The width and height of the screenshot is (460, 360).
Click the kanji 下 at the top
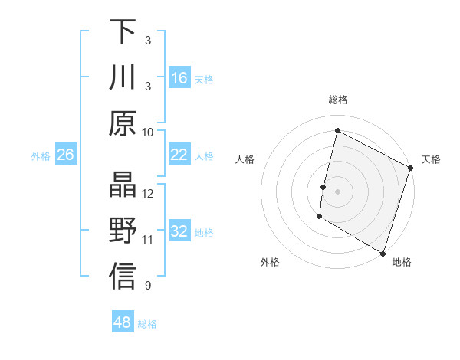(x=123, y=33)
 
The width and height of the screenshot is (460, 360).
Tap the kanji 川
(x=123, y=78)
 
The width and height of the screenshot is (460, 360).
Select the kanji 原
(x=123, y=123)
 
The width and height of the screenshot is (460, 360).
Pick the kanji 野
(x=123, y=231)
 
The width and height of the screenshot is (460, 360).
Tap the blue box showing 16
(x=179, y=78)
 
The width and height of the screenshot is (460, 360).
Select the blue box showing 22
(x=179, y=155)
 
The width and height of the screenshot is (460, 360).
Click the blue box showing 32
(x=179, y=232)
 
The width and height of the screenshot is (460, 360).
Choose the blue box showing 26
(x=66, y=155)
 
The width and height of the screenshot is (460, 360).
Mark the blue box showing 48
(x=123, y=322)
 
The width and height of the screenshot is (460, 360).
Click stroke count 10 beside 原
(x=148, y=132)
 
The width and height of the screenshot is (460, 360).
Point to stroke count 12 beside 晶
(x=148, y=194)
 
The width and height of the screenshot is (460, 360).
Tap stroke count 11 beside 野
(x=148, y=240)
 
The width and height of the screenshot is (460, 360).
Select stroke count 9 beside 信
(x=148, y=286)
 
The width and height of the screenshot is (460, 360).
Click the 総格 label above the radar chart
(x=337, y=100)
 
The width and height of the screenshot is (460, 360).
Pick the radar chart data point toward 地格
(x=382, y=253)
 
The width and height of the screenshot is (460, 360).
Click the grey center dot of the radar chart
(x=337, y=191)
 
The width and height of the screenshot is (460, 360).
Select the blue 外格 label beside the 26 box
(x=41, y=155)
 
